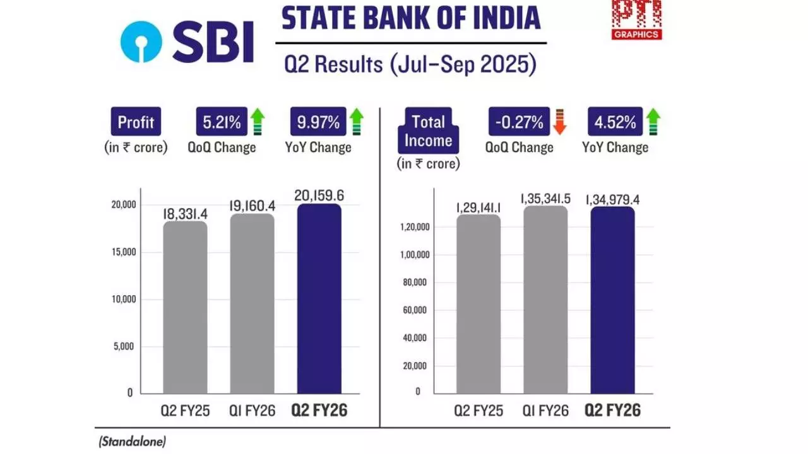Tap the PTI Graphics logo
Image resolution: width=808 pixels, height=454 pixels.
[x=636, y=19]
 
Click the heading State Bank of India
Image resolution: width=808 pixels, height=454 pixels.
[x=411, y=18]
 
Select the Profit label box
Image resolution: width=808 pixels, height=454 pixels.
[x=136, y=122]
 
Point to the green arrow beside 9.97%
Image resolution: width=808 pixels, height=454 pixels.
[x=357, y=122]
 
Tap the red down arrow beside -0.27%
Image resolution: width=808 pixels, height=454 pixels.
[x=559, y=122]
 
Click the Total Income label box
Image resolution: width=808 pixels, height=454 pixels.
[x=429, y=131]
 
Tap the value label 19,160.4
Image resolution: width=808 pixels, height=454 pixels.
[x=252, y=205]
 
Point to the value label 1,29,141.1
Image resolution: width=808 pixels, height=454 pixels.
[x=478, y=206]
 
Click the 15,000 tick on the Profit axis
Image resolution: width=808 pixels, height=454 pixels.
[x=121, y=252]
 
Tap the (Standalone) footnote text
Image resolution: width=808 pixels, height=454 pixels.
[x=132, y=442]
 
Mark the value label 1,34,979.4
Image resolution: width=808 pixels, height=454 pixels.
[x=614, y=200]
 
